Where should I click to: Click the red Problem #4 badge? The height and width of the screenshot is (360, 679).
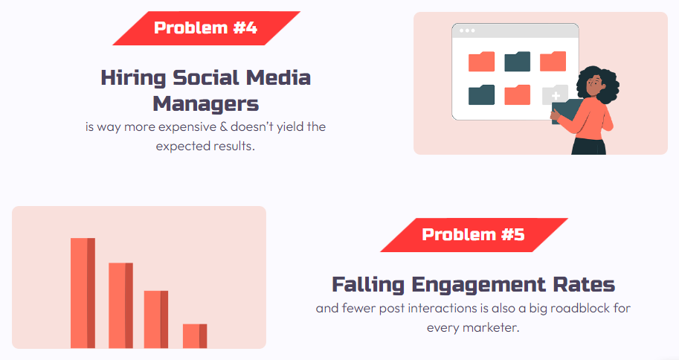point(206,28)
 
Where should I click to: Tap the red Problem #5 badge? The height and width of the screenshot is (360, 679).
point(474,235)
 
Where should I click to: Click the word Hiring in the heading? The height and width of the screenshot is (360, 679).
point(133,78)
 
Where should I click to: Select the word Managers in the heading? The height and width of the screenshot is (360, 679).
point(206,104)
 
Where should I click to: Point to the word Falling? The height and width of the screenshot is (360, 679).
point(368,285)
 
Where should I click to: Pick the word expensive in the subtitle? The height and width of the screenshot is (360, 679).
point(187,127)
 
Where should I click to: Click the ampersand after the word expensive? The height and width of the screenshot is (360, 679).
point(223,126)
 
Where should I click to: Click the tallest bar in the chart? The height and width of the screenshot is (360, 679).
point(83,293)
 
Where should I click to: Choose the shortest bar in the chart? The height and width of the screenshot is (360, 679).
point(195,336)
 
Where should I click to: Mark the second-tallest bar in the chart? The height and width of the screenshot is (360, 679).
point(120,306)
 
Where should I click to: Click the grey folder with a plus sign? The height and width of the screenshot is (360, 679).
point(555,94)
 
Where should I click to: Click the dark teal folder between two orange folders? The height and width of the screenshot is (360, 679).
point(518,62)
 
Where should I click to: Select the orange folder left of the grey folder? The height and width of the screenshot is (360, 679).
point(518,94)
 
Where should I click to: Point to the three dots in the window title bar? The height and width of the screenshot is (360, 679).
point(467,30)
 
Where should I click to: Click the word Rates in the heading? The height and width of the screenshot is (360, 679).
point(584,285)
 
